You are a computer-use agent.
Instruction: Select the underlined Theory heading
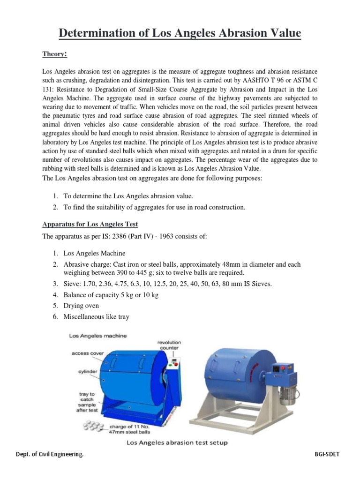point(55,55)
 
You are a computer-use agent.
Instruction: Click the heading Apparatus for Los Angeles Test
point(90,224)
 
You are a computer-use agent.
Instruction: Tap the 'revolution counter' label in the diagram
point(169,345)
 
